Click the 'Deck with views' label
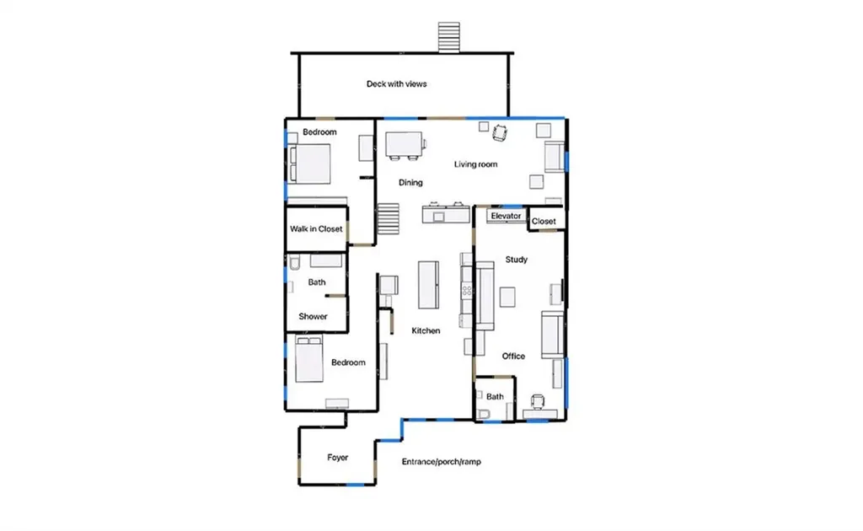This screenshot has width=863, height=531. [x=396, y=84]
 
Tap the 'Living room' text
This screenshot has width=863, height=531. [x=475, y=164]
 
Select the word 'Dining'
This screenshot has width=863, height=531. [x=410, y=183]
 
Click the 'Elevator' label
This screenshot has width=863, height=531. [x=506, y=217]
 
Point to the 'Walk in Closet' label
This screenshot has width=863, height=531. [x=316, y=229]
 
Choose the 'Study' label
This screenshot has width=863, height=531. [x=517, y=259]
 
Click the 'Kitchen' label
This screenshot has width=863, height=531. [x=426, y=330]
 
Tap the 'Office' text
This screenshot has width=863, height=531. [x=513, y=357]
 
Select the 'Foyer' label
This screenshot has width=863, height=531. [x=337, y=458]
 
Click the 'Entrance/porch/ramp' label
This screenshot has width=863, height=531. [x=442, y=462]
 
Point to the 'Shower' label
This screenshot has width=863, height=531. [x=313, y=316]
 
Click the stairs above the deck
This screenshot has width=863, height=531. [x=448, y=37]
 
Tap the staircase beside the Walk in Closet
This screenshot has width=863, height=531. [x=388, y=218]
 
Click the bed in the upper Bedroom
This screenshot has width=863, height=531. [x=310, y=164]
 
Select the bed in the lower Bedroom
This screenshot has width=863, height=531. [x=308, y=359]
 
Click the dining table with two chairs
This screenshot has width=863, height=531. [x=405, y=146]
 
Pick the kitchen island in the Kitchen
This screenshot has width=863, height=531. [x=428, y=285]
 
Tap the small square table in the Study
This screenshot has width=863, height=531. [x=507, y=298]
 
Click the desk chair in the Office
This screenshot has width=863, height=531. [x=537, y=402]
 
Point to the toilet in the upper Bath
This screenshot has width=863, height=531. [x=294, y=263]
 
